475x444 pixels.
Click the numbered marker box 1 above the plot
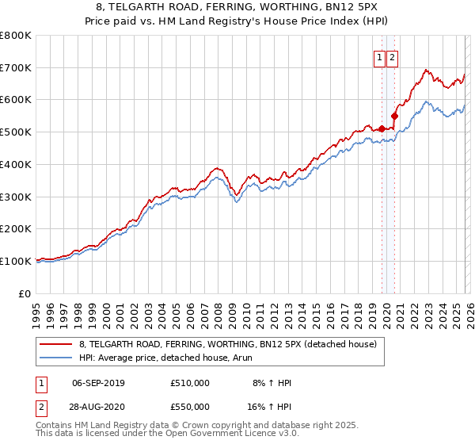[x=379, y=57]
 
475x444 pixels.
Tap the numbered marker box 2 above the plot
[x=393, y=57]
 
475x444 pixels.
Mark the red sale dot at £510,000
[x=381, y=128]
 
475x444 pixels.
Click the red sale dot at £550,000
[x=394, y=116]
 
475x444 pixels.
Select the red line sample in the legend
[x=56, y=344]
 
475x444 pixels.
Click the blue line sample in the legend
[x=56, y=358]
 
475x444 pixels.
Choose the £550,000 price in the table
[x=190, y=405]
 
